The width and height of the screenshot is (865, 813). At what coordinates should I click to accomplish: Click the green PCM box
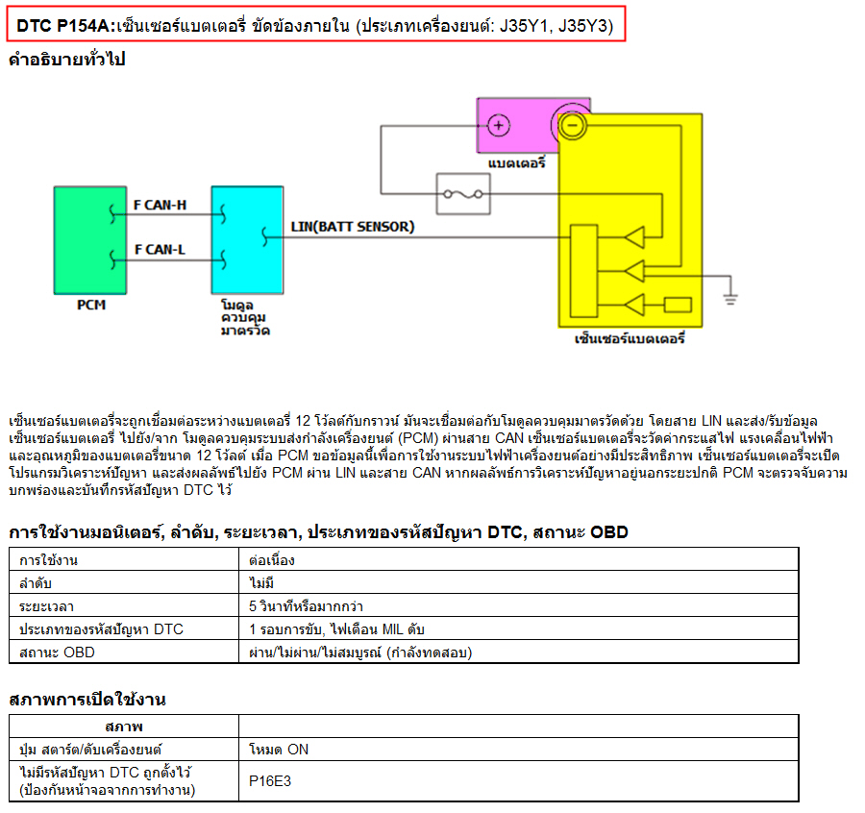(x=90, y=240)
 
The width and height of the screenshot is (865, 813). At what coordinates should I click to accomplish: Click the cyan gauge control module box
(x=247, y=240)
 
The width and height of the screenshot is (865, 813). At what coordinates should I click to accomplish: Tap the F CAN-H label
(x=160, y=206)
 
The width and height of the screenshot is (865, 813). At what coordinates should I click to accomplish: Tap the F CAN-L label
(x=160, y=250)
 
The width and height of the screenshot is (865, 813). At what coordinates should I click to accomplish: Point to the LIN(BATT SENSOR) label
(x=353, y=227)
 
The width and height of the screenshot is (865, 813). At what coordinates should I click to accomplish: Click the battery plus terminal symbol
(x=499, y=125)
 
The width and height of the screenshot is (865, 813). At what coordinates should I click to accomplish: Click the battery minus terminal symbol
(x=573, y=126)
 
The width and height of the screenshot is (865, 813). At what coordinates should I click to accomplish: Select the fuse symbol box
(x=463, y=194)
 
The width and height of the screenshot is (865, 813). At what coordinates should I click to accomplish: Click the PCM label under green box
(x=91, y=305)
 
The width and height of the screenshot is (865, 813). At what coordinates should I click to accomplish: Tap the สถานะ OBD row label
(x=57, y=653)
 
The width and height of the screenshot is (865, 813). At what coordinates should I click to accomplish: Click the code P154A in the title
(x=84, y=25)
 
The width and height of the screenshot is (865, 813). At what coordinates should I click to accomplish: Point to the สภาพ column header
(x=124, y=727)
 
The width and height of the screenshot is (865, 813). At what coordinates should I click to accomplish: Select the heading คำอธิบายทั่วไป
(x=67, y=59)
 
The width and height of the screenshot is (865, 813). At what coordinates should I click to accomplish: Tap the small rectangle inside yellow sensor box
(x=678, y=305)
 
